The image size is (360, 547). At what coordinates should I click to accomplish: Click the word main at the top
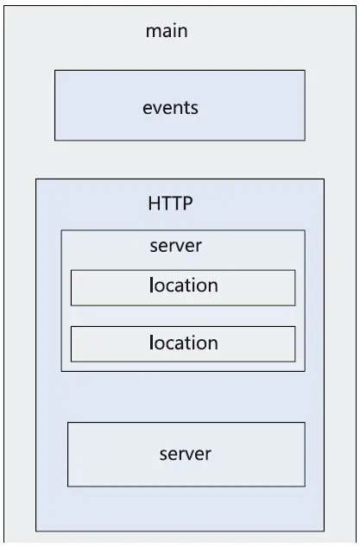[167, 31]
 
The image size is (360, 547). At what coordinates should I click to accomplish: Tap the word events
[170, 108]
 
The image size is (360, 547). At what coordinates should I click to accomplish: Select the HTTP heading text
[170, 203]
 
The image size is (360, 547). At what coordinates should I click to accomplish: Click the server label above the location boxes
[175, 246]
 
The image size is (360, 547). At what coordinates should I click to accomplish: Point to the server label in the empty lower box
[186, 454]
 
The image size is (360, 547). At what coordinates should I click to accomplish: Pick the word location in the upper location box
[184, 285]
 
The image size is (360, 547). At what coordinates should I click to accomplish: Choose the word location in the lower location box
[184, 343]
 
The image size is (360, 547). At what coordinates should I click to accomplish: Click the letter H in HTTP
[155, 203]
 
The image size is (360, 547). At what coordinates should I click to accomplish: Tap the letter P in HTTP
[187, 203]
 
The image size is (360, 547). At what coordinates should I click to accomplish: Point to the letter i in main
[174, 31]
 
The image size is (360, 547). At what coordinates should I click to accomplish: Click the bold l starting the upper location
[152, 285]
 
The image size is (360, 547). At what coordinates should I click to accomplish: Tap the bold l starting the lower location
[152, 342]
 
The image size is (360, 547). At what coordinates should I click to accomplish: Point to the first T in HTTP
[167, 203]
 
